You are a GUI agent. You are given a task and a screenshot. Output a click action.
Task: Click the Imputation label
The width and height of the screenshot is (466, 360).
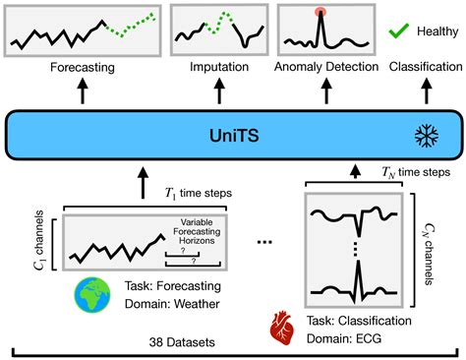(x=211, y=70)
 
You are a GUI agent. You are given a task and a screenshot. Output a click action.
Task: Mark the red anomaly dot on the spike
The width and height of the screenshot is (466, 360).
(x=320, y=14)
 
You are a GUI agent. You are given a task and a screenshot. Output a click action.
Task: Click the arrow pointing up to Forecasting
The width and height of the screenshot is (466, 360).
(x=81, y=91)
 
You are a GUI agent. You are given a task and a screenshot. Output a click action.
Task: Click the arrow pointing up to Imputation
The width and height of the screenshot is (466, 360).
(x=211, y=91)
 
